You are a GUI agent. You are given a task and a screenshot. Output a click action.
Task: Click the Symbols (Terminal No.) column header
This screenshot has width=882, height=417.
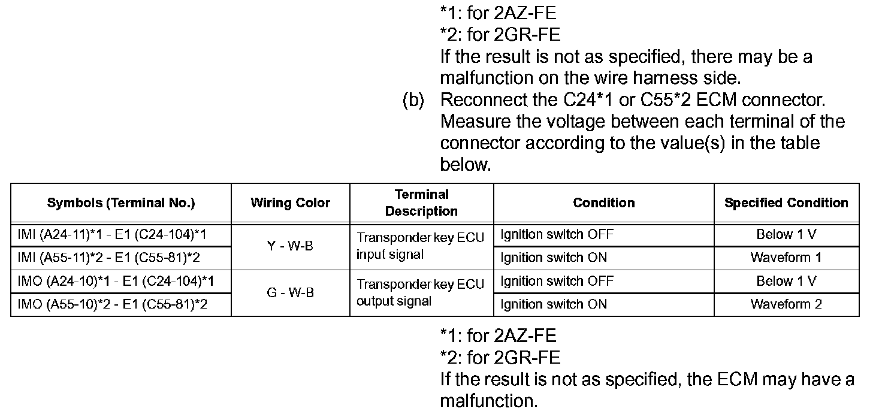pyautogui.click(x=121, y=203)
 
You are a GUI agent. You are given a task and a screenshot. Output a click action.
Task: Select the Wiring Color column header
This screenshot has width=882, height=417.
pyautogui.click(x=290, y=203)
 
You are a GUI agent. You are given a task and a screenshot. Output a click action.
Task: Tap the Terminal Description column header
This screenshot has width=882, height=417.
pyautogui.click(x=421, y=203)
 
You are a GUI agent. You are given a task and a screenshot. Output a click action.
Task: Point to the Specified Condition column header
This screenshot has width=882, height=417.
pyautogui.click(x=786, y=203)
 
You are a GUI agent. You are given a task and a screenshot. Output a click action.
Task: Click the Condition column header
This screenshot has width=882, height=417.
pyautogui.click(x=603, y=203)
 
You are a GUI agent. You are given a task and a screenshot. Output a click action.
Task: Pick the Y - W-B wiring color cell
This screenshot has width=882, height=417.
pyautogui.click(x=290, y=246)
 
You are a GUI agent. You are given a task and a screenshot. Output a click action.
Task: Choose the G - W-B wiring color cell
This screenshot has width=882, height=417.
pyautogui.click(x=290, y=293)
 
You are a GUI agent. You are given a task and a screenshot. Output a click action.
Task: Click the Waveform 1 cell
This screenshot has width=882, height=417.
pyautogui.click(x=786, y=258)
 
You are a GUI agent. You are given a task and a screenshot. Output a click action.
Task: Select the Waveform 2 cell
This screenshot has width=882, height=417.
pyautogui.click(x=786, y=304)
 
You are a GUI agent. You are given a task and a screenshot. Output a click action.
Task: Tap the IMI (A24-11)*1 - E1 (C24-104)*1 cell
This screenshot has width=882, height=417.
pyautogui.click(x=113, y=234)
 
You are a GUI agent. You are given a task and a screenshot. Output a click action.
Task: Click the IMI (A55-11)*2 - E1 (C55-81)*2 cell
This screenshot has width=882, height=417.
pyautogui.click(x=113, y=258)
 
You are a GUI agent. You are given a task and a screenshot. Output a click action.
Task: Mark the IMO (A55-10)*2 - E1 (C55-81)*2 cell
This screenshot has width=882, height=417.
pyautogui.click(x=113, y=304)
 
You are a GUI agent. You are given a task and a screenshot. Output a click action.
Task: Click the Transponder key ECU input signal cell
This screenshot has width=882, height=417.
pyautogui.click(x=420, y=246)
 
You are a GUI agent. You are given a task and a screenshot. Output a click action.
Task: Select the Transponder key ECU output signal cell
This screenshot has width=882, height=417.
pyautogui.click(x=420, y=292)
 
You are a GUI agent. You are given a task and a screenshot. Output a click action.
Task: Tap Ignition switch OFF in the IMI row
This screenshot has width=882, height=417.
pyautogui.click(x=557, y=234)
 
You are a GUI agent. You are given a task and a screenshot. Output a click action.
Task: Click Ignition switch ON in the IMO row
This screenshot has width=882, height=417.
pyautogui.click(x=554, y=304)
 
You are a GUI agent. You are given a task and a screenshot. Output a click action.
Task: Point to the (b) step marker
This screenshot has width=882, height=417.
pyautogui.click(x=413, y=100)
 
